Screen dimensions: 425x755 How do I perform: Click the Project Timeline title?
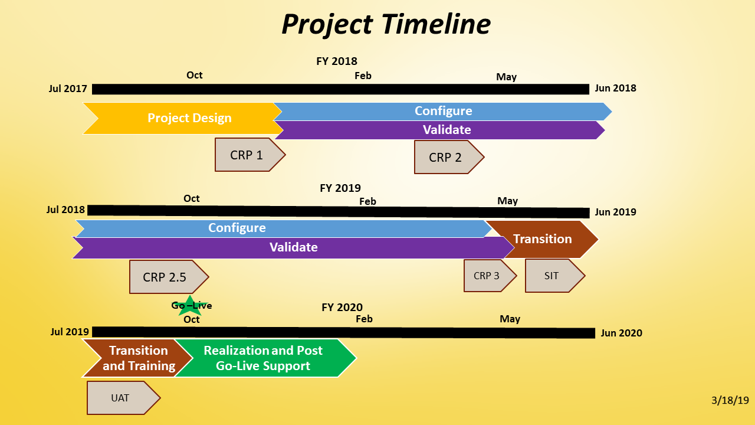(386, 25)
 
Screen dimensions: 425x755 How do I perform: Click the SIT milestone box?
(552, 276)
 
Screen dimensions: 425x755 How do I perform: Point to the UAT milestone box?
(121, 398)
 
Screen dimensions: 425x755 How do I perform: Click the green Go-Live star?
(190, 305)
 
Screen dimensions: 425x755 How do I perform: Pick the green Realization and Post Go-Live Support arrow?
(263, 358)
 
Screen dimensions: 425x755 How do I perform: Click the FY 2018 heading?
(337, 61)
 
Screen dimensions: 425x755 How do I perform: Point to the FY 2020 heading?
(342, 307)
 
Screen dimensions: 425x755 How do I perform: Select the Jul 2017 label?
(68, 89)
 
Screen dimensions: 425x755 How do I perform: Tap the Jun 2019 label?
(616, 212)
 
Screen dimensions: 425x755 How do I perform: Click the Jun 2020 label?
(622, 333)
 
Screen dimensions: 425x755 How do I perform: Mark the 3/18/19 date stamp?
(730, 400)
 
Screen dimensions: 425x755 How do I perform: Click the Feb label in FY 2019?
(367, 201)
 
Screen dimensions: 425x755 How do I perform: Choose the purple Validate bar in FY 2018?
(447, 130)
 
